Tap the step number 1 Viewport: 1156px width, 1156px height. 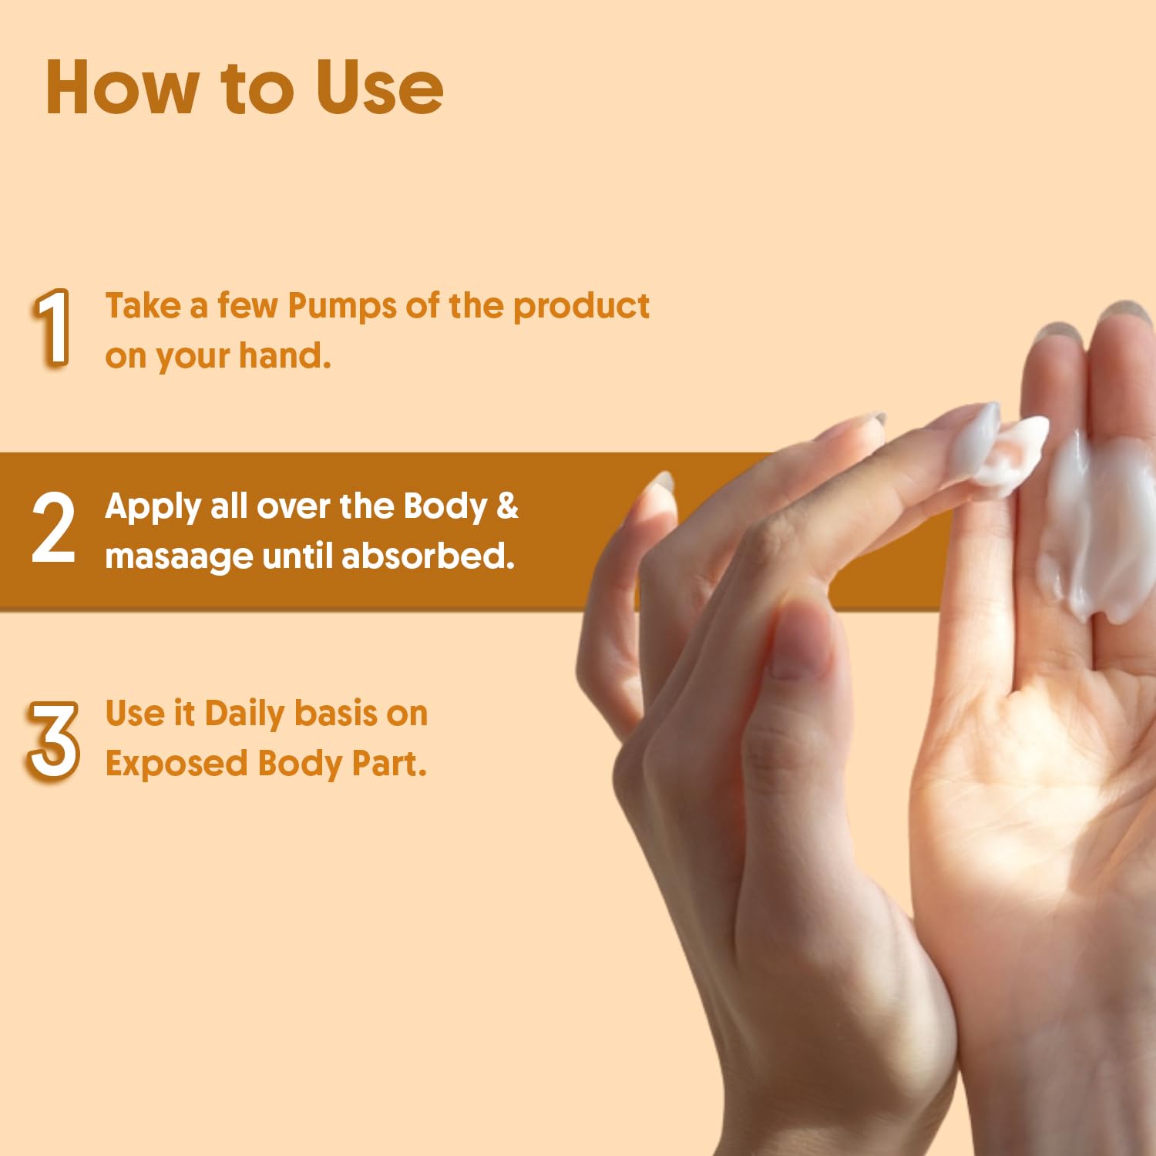coord(52,328)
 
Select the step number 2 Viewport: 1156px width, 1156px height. coord(53,528)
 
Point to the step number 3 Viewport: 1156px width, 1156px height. coord(53,740)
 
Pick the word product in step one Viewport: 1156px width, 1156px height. coord(581,307)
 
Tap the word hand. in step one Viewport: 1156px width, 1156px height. coord(285,355)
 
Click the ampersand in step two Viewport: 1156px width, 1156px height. coord(507,506)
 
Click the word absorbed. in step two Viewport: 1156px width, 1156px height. coord(428,555)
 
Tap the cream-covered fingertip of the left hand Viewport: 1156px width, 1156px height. coord(994,447)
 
